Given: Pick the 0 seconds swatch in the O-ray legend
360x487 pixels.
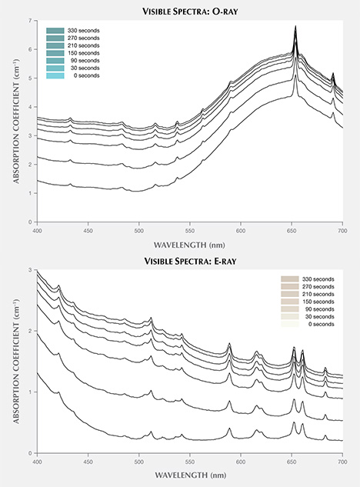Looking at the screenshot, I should point(58,75).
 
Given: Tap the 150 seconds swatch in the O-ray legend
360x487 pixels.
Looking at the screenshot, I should point(58,53).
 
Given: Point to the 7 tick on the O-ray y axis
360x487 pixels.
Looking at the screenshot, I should point(30,19).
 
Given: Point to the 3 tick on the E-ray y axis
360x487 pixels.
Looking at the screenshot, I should point(30,271).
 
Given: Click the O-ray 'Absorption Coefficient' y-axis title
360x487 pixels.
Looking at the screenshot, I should point(15,122).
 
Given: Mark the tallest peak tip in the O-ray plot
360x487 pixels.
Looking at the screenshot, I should point(295,26).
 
